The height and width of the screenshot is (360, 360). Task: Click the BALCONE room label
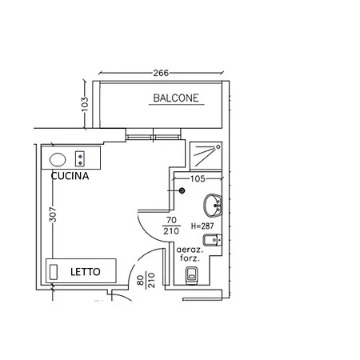click(x=176, y=98)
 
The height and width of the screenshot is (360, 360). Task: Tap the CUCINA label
click(x=70, y=176)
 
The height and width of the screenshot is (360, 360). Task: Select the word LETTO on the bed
click(x=86, y=272)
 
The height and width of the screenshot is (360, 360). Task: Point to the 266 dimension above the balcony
click(x=161, y=73)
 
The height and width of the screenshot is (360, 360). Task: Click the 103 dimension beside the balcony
click(x=84, y=104)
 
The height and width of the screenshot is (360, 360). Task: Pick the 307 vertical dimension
click(x=53, y=214)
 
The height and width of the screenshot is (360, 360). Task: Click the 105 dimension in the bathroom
click(x=198, y=178)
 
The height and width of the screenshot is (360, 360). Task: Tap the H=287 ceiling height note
click(x=202, y=226)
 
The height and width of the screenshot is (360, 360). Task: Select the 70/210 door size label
click(x=171, y=226)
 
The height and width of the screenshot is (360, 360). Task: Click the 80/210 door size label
click(x=146, y=280)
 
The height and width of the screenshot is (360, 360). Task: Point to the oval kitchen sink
click(x=58, y=160)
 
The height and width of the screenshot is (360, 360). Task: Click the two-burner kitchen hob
click(x=80, y=158)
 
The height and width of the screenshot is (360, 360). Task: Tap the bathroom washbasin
click(x=213, y=205)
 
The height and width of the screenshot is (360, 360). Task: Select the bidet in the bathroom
click(x=212, y=240)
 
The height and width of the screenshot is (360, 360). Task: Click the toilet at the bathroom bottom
click(x=191, y=275)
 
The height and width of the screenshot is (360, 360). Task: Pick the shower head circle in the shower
click(x=218, y=147)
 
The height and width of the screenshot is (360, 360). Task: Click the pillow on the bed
click(x=54, y=272)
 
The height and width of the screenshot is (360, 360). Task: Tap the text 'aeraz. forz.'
click(x=190, y=254)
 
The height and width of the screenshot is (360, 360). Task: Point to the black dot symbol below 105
click(x=182, y=190)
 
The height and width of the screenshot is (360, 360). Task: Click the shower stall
click(x=206, y=156)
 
